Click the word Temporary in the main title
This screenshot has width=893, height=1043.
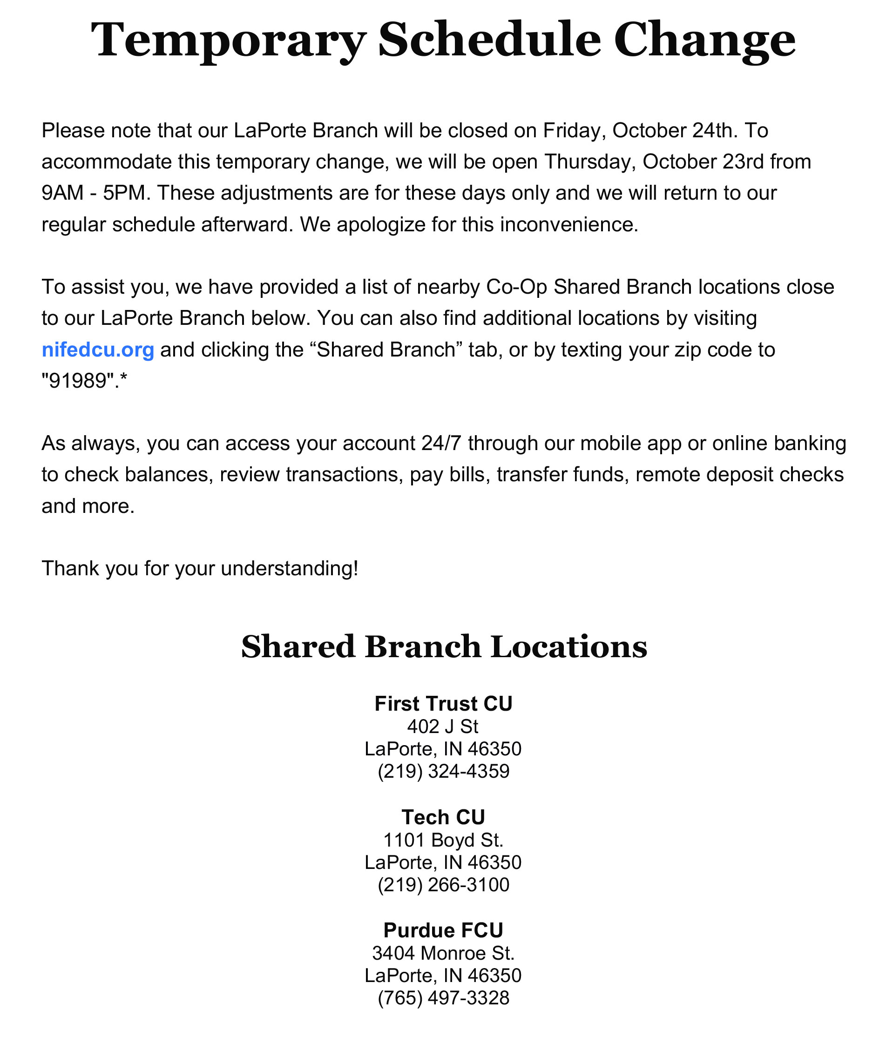click(x=227, y=40)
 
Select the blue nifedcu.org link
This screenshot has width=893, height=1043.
click(x=98, y=350)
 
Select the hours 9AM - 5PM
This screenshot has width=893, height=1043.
click(x=94, y=193)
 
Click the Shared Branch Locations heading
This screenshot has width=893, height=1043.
click(x=444, y=646)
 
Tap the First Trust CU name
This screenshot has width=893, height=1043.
click(x=443, y=704)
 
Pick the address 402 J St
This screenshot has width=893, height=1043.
click(x=443, y=727)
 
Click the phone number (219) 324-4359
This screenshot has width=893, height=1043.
click(x=443, y=771)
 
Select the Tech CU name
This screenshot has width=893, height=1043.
click(x=443, y=817)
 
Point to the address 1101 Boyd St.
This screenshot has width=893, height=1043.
click(x=443, y=840)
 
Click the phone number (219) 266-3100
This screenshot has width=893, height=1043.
click(x=443, y=884)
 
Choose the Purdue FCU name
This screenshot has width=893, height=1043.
click(x=443, y=930)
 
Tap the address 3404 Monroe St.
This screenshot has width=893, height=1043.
click(x=443, y=953)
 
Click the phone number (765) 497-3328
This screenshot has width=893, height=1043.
click(x=443, y=998)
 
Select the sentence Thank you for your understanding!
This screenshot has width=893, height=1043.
click(x=199, y=568)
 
